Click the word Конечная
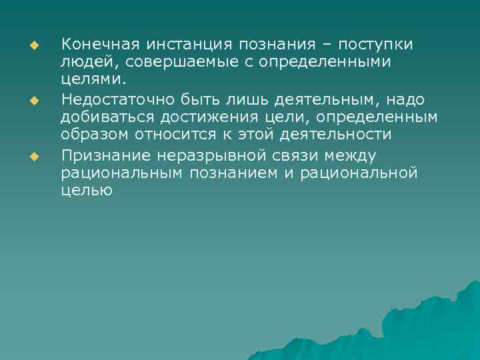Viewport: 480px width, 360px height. [x=98, y=45]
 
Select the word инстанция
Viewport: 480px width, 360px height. [x=185, y=45]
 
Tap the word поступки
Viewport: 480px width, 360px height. [x=375, y=45]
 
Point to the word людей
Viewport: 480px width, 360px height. [x=83, y=62]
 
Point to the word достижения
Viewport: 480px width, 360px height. [x=205, y=117]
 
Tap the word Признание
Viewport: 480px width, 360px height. [x=102, y=155]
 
